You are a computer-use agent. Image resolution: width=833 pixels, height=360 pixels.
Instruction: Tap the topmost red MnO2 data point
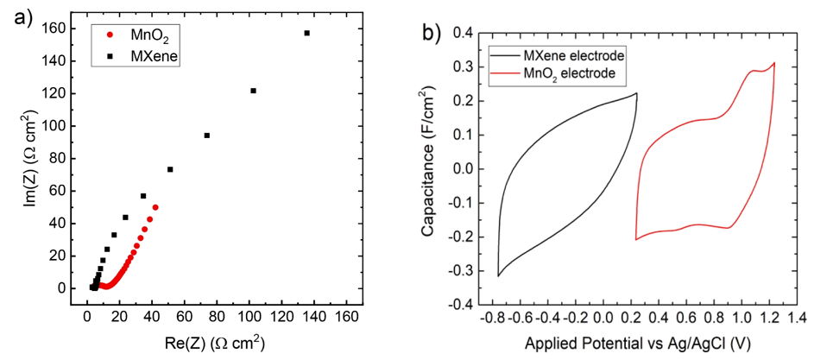click(155, 207)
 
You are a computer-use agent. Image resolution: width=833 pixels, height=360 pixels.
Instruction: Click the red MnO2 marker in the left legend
click(110, 35)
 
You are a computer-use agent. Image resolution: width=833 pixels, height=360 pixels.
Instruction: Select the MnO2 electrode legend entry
click(569, 74)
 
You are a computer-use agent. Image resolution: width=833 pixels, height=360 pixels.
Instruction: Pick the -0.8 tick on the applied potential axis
click(499, 320)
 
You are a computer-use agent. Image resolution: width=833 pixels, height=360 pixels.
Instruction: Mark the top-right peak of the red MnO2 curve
click(773, 63)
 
